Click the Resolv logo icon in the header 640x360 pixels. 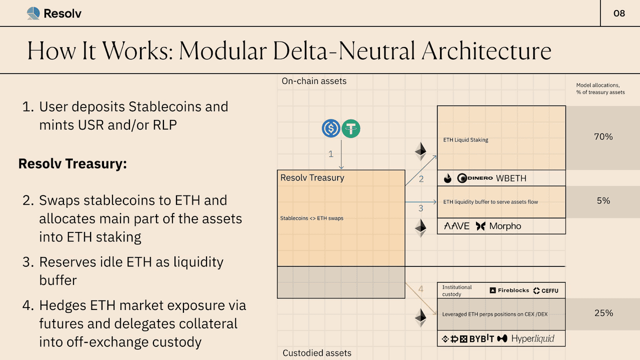pyautogui.click(x=33, y=13)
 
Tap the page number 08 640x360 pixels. pyautogui.click(x=619, y=13)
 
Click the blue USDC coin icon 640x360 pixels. pyautogui.click(x=331, y=129)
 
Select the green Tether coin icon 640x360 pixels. pyautogui.click(x=351, y=129)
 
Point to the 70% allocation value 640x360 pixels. pyautogui.click(x=603, y=136)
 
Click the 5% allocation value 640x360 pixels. pyautogui.click(x=603, y=200)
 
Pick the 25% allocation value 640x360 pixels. pyautogui.click(x=603, y=313)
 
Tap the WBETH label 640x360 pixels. pyautogui.click(x=511, y=178)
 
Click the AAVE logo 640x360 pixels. pyautogui.click(x=457, y=226)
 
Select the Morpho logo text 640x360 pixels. pyautogui.click(x=505, y=226)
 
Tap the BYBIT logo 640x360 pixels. pyautogui.click(x=481, y=339)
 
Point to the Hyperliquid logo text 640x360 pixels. pyautogui.click(x=532, y=339)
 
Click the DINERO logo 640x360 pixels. pyautogui.click(x=475, y=178)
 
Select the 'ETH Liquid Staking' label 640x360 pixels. pyautogui.click(x=465, y=140)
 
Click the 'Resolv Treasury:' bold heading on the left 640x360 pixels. pyautogui.click(x=72, y=163)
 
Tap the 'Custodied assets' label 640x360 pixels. pyautogui.click(x=317, y=353)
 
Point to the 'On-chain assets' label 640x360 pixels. pyautogui.click(x=314, y=81)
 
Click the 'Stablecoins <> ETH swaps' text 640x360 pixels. pyautogui.click(x=312, y=218)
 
